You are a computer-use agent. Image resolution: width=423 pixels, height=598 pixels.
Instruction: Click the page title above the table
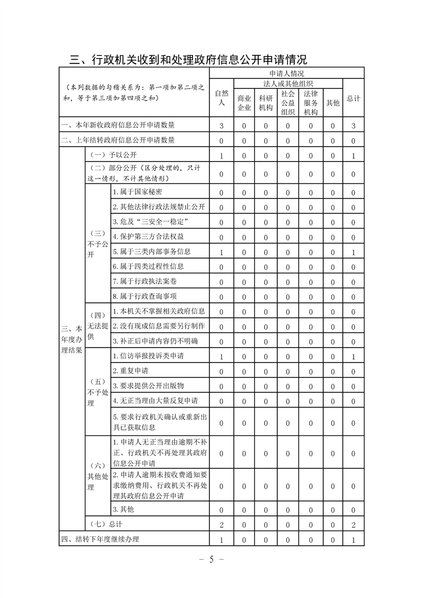pos(188,59)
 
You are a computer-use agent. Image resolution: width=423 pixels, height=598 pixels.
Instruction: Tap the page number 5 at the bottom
pos(211,559)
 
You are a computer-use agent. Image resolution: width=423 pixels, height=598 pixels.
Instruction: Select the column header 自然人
pos(221,98)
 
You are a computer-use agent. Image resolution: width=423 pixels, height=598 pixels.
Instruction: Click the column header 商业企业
pos(244,103)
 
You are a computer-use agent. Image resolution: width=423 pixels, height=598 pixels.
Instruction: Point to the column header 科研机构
pos(266,103)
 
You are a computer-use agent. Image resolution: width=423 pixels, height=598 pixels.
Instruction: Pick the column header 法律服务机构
pos(310,103)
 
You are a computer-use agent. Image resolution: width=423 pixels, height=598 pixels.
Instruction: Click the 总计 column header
pos(353,99)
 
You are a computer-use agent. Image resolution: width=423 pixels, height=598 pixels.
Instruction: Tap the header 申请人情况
pos(286,74)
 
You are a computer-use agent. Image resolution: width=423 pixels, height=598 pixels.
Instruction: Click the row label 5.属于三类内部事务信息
pos(151,252)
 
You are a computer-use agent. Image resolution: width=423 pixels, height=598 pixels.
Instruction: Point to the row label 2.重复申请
pos(131,370)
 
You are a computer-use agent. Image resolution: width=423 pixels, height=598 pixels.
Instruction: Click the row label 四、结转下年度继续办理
pos(100,539)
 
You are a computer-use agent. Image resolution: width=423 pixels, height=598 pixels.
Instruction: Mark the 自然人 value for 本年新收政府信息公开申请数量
pos(221,126)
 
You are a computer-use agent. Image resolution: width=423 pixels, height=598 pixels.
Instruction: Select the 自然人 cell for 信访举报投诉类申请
pos(221,356)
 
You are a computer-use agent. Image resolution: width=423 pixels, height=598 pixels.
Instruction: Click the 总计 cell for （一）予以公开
pos(353,156)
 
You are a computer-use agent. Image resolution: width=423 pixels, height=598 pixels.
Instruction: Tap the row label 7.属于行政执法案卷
pos(141,281)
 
